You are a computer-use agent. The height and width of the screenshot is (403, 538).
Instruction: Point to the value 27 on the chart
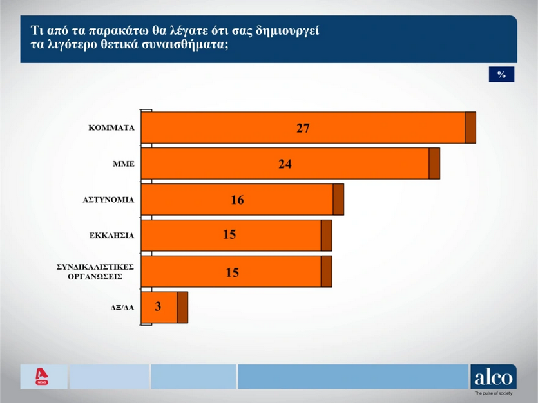(303, 127)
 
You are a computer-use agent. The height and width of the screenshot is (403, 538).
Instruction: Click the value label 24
(285, 164)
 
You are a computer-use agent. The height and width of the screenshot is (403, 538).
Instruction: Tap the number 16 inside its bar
(237, 200)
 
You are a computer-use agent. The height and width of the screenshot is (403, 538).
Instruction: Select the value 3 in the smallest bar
(158, 307)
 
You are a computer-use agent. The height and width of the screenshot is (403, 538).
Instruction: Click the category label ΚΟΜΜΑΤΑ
(111, 127)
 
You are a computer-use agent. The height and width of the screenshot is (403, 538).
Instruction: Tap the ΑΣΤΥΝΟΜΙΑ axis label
(108, 200)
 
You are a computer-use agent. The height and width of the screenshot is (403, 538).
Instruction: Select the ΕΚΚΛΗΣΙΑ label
(111, 235)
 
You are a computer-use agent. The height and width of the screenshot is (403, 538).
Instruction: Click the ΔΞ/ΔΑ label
(122, 308)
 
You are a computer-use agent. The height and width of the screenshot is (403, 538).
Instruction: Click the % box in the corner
(501, 75)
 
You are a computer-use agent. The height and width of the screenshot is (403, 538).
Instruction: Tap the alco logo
(494, 377)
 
